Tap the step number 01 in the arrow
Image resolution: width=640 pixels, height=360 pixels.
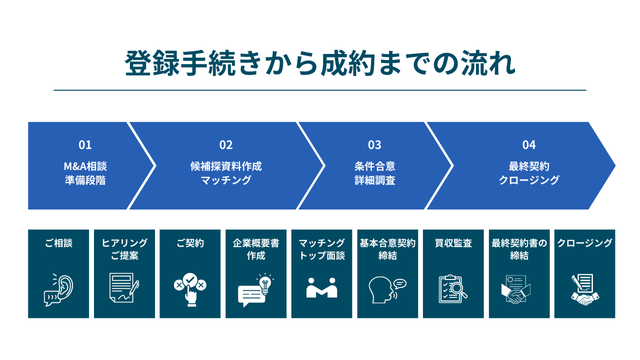pyautogui.click(x=85, y=144)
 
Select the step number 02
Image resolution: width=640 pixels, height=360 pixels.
pyautogui.click(x=226, y=144)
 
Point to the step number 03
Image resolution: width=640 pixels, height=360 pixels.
pyautogui.click(x=374, y=144)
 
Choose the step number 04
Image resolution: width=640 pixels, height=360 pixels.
pyautogui.click(x=529, y=144)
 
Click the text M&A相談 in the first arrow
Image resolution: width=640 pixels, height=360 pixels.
pyautogui.click(x=85, y=164)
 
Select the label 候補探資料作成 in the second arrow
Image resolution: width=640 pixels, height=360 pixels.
pyautogui.click(x=226, y=164)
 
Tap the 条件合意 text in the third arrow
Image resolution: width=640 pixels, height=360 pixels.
pyautogui.click(x=374, y=164)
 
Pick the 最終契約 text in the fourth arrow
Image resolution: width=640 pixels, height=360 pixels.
pyautogui.click(x=529, y=164)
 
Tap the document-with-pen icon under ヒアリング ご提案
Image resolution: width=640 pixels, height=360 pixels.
pyautogui.click(x=123, y=289)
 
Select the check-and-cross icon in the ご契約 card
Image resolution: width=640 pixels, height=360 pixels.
pyautogui.click(x=188, y=289)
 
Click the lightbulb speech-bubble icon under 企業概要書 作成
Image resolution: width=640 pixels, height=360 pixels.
pyautogui.click(x=254, y=289)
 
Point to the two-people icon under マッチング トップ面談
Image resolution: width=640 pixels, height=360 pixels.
pyautogui.click(x=321, y=289)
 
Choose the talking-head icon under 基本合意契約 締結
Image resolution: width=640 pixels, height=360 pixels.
pyautogui.click(x=386, y=289)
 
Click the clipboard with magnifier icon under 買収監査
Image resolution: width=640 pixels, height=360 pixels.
pyautogui.click(x=452, y=289)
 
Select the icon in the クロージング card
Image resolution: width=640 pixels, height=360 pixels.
pyautogui.click(x=583, y=289)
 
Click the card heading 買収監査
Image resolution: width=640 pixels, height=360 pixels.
pyautogui.click(x=452, y=243)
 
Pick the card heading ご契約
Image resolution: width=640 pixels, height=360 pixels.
pyautogui.click(x=188, y=243)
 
